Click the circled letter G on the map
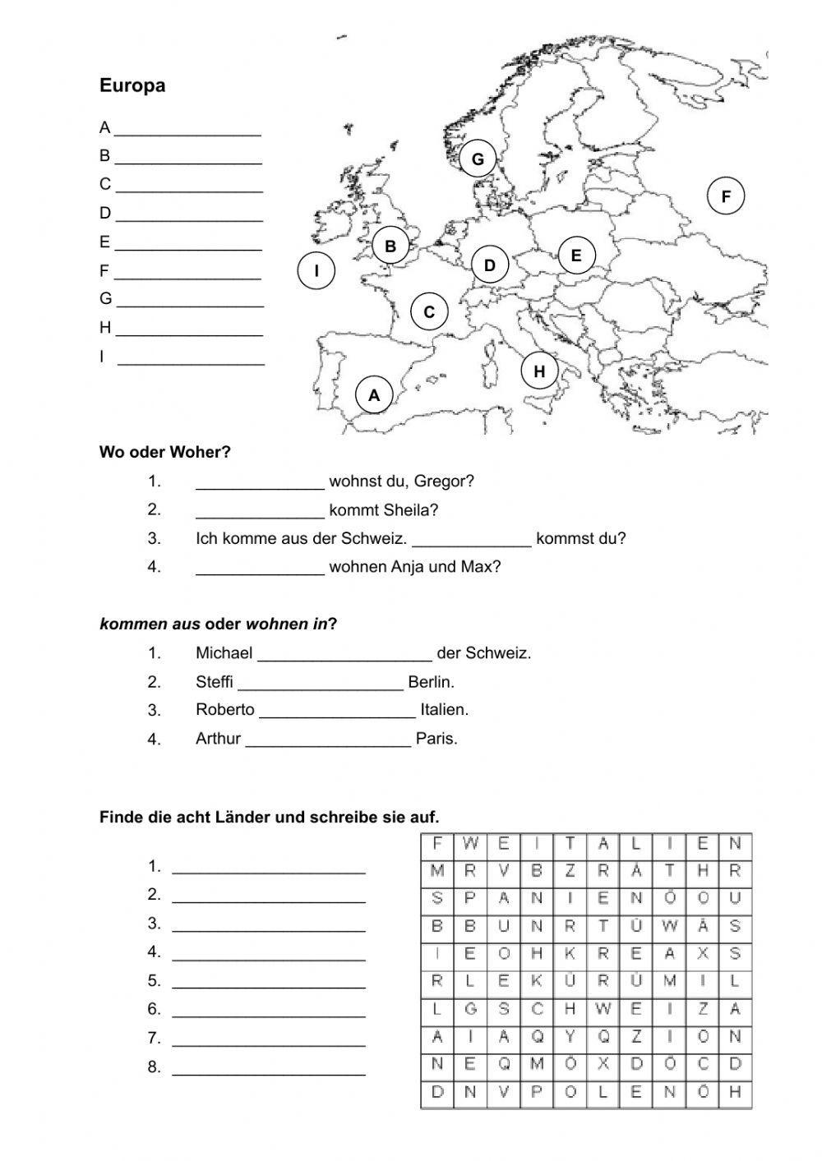coord(478,159)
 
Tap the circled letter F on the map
coord(725,196)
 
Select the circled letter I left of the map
coord(316,271)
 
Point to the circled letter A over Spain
coord(374,395)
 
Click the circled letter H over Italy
coord(539,371)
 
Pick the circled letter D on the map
coord(490,265)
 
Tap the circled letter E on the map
coord(576,256)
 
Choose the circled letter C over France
coord(429,312)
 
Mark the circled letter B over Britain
coord(390,246)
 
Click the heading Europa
coord(132,85)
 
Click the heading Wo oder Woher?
coord(164,452)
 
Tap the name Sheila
coord(410,510)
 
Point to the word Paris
coord(436,739)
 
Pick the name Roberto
coord(224,710)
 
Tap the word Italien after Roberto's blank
coord(444,710)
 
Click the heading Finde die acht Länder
coord(269,817)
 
